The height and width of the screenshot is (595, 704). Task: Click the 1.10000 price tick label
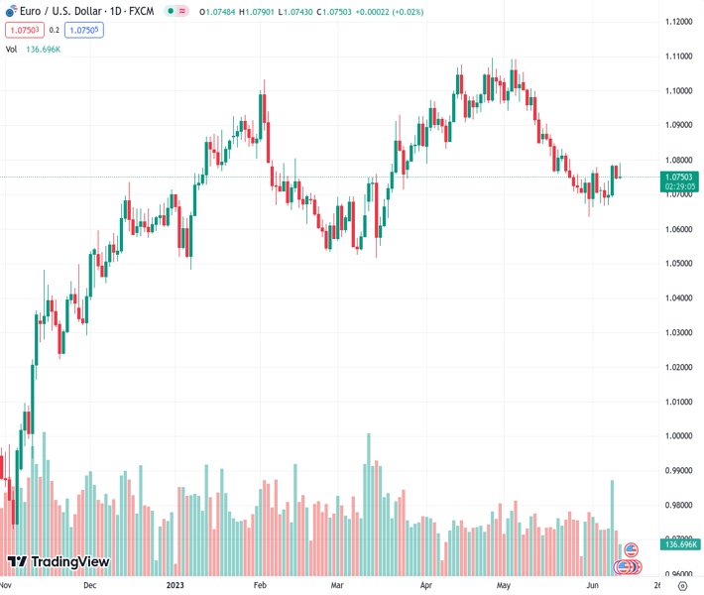tap(679, 91)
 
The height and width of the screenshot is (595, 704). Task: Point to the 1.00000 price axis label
tap(679, 436)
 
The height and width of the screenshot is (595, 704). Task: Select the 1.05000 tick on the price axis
tap(679, 264)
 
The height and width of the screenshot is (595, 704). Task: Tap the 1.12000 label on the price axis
tap(679, 22)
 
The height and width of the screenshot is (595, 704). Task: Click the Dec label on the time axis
tap(90, 585)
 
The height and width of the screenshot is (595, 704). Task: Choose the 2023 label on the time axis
tap(176, 585)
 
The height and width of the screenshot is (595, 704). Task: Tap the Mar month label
tap(336, 585)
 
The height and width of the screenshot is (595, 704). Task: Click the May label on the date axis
tap(503, 585)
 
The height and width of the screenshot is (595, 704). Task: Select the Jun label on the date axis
tap(592, 585)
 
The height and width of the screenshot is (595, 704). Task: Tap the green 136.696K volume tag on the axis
tap(680, 544)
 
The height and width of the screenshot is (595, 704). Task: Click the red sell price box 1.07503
tap(22, 30)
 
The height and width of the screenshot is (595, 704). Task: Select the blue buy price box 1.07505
tap(86, 30)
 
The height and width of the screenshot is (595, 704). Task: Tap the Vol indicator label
tap(11, 49)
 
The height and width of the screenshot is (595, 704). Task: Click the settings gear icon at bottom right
tap(681, 585)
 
